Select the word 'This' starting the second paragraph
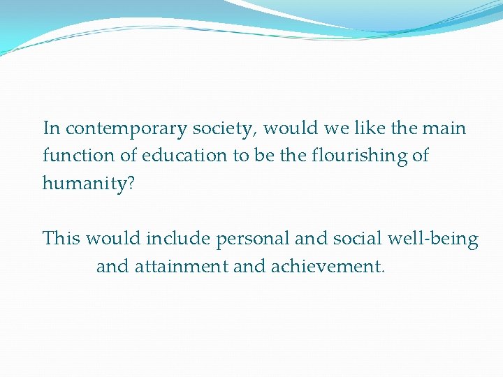[62, 239]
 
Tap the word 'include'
[178, 239]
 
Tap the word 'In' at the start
[51, 128]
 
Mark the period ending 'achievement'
[383, 271]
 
